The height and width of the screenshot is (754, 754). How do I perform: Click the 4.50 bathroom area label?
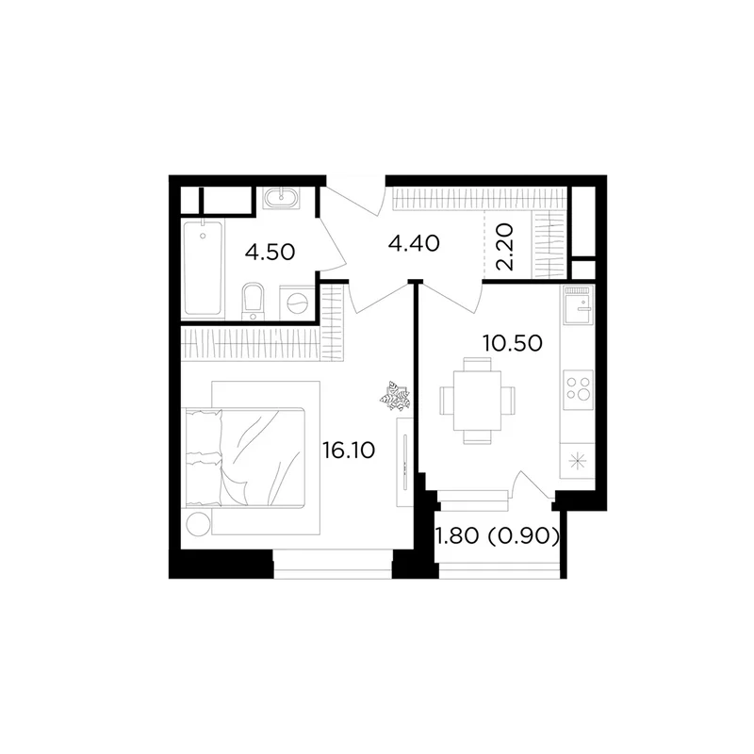(x=270, y=252)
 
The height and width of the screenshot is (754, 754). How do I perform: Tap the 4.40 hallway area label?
(x=414, y=243)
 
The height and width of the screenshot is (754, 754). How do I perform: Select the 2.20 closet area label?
(x=506, y=247)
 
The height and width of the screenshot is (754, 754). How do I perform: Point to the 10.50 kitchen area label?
(x=513, y=343)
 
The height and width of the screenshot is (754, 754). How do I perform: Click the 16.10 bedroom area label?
(x=349, y=451)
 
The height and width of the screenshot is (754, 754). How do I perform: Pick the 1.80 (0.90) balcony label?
(x=498, y=535)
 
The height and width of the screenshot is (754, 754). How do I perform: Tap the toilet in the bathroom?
(x=254, y=302)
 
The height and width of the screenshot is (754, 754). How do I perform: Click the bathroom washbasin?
(x=281, y=198)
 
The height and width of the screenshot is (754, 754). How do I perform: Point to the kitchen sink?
(x=578, y=305)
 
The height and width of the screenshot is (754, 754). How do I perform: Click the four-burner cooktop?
(x=578, y=388)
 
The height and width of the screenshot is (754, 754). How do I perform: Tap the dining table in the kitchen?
(x=477, y=401)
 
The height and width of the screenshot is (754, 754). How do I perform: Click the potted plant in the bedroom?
(x=395, y=396)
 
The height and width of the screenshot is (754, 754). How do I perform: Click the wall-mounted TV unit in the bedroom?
(x=404, y=462)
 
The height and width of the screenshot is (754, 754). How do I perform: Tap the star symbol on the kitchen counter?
(x=577, y=462)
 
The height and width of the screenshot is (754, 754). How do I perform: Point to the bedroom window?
(x=333, y=565)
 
